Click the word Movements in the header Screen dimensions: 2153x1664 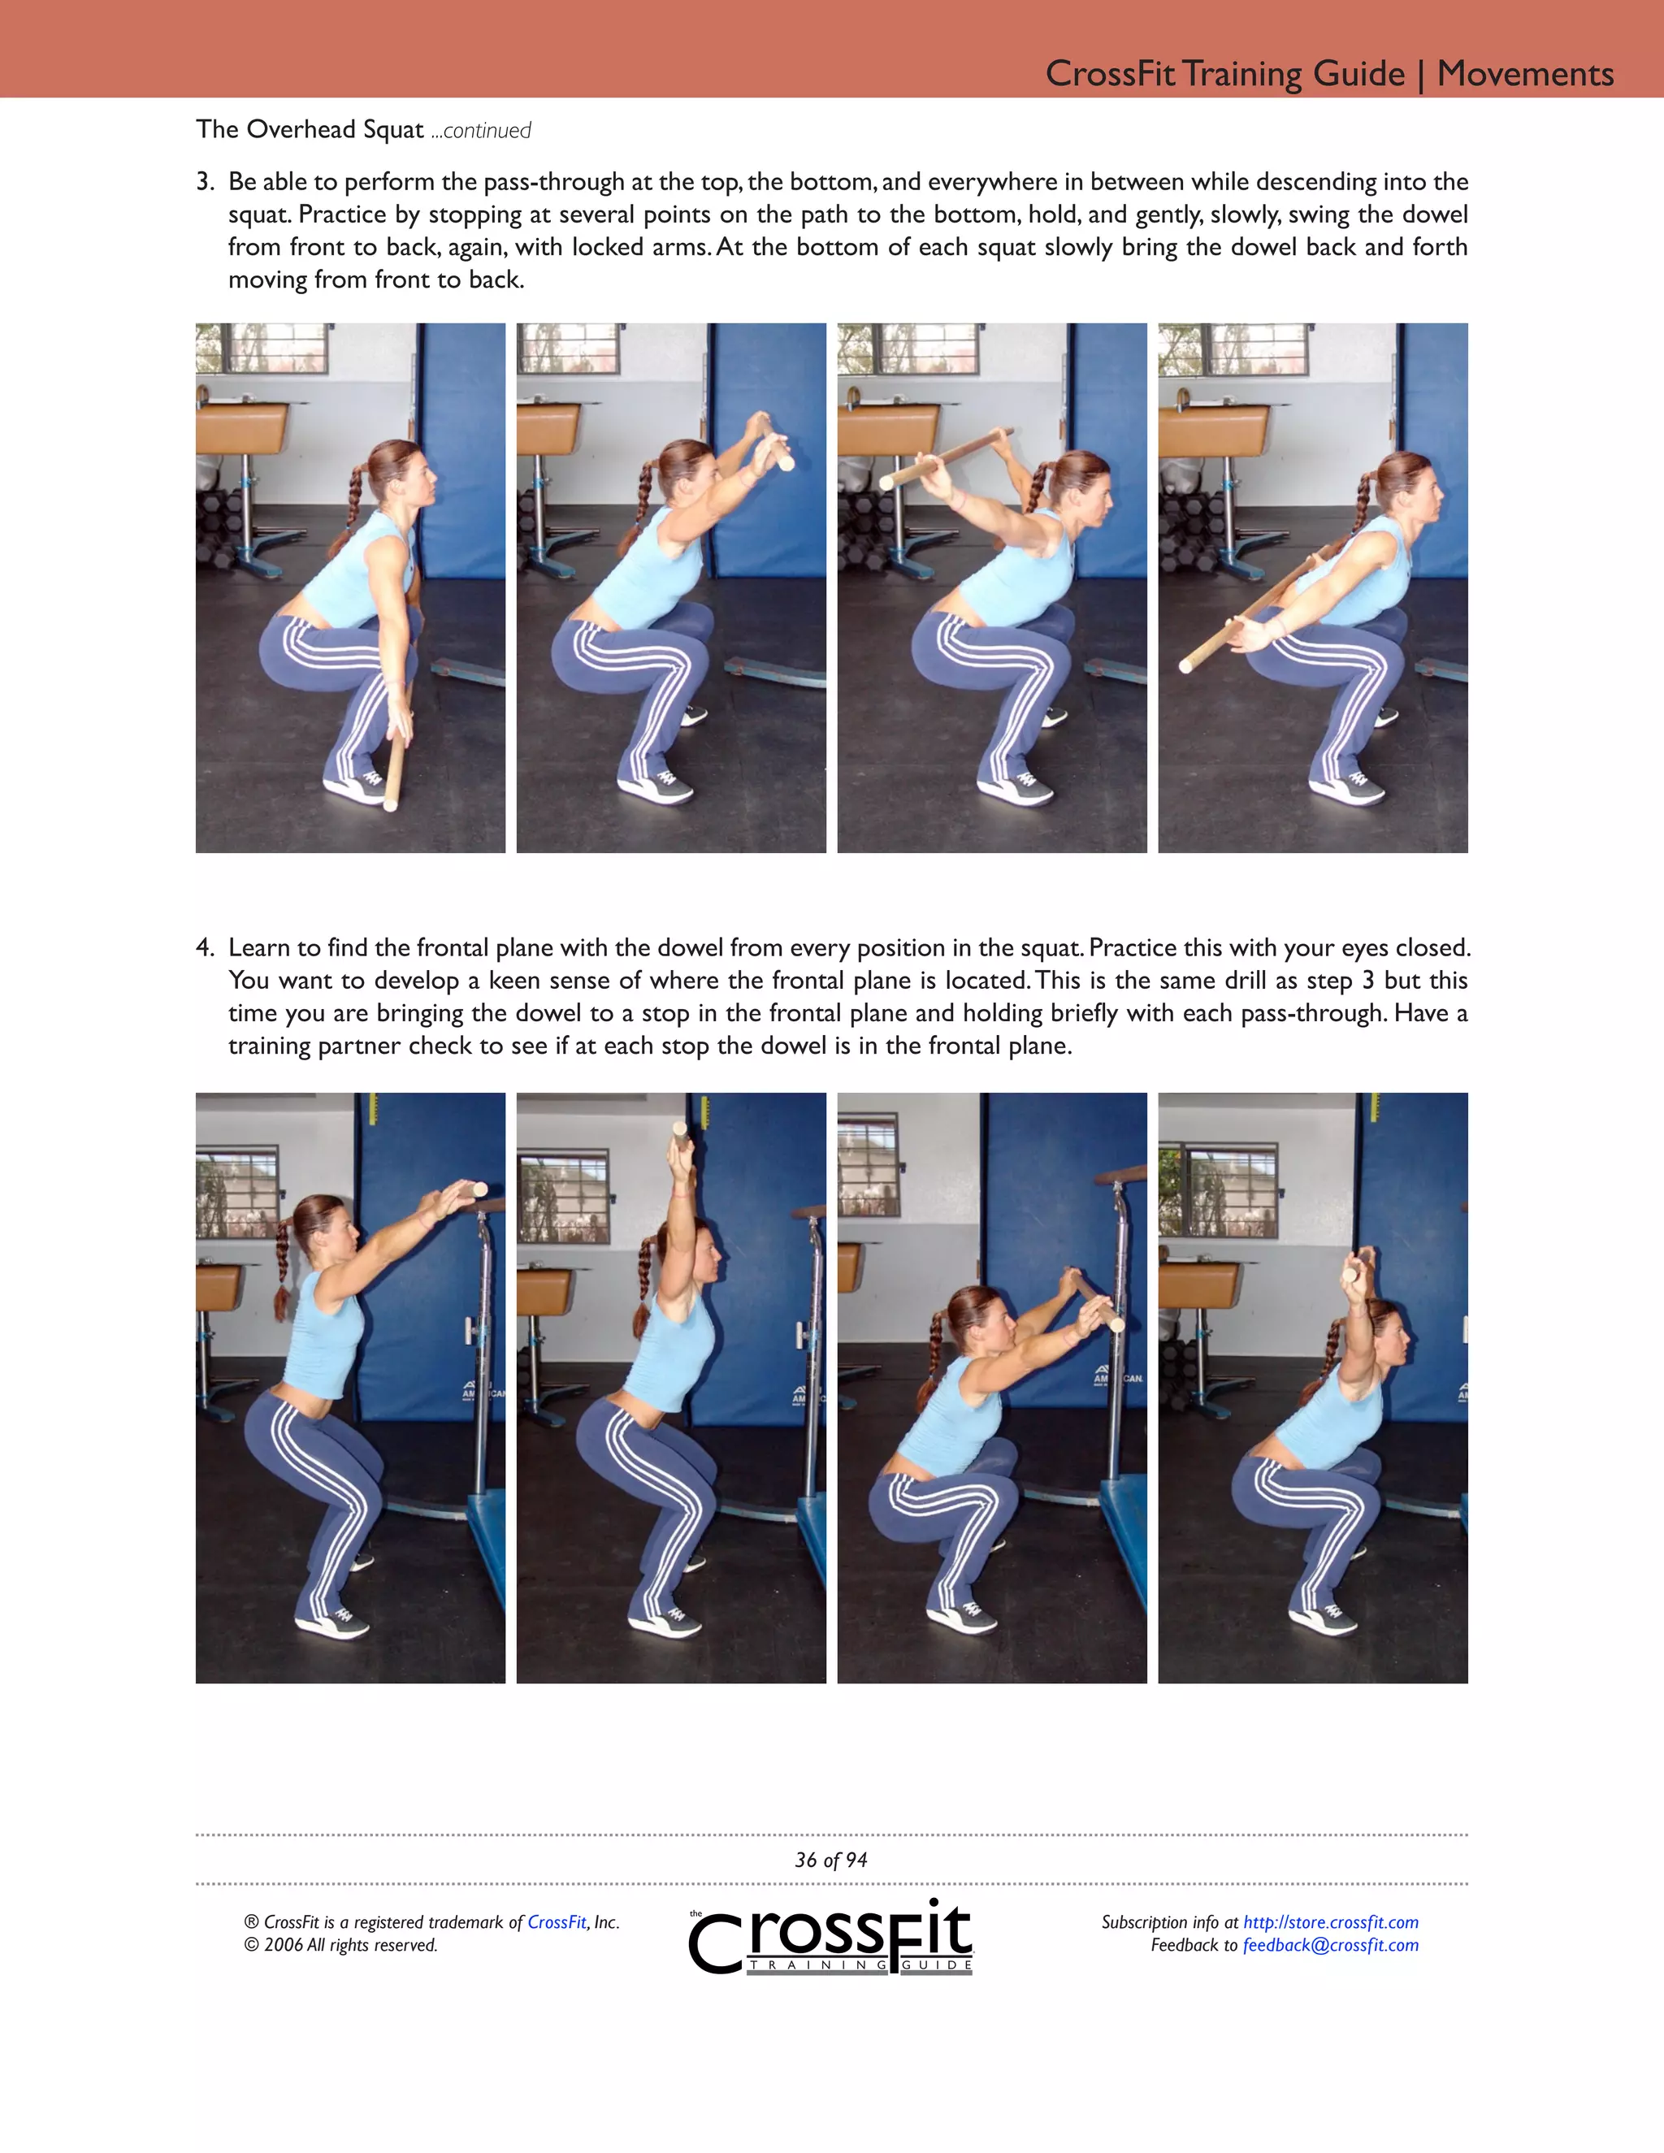click(1524, 74)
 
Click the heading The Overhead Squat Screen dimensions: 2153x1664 click(310, 129)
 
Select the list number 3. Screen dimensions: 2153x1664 click(204, 181)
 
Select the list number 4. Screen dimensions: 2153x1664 click(204, 947)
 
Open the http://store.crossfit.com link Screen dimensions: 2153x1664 click(1330, 1922)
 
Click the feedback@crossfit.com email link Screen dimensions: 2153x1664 click(1330, 1945)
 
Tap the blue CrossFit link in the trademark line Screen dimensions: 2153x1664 click(556, 1922)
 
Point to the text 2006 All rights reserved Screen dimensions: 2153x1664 click(350, 1945)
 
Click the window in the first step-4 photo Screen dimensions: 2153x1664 click(236, 1193)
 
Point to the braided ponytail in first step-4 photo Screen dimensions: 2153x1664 click(283, 1271)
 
